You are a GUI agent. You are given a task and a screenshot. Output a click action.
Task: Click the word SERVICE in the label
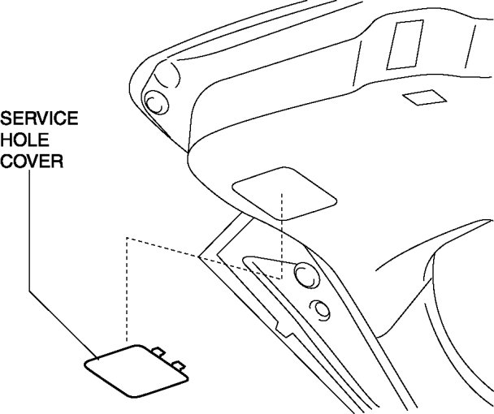(x=39, y=119)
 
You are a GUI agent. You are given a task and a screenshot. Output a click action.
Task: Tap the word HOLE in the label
(x=24, y=140)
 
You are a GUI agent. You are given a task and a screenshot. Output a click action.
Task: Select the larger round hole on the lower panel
(x=305, y=275)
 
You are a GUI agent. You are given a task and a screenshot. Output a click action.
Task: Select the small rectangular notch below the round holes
(x=284, y=329)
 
